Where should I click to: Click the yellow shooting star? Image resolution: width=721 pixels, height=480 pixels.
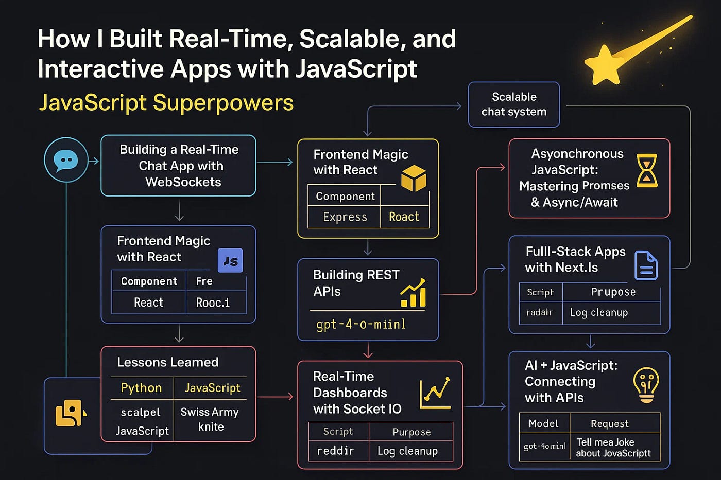coord(606,64)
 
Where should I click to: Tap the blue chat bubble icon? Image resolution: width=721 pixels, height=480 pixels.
coord(66,160)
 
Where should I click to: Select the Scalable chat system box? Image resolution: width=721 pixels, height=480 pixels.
coord(513,104)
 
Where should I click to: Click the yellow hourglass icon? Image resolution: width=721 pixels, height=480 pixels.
coord(646,170)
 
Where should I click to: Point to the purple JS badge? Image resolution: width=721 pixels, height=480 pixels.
coord(230,261)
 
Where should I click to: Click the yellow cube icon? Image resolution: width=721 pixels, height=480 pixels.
coord(414,179)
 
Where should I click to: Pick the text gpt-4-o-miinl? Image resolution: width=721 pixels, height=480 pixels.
coord(360,325)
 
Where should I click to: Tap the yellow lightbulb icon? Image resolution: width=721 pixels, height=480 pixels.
coord(646,385)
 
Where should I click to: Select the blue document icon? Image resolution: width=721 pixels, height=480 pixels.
coord(646,265)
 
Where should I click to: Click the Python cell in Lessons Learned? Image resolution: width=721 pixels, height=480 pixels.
coord(141,388)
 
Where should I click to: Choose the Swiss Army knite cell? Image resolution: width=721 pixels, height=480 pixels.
coord(210,419)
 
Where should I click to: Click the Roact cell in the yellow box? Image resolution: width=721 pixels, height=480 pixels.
coord(404,217)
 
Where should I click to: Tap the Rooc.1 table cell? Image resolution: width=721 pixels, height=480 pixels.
coord(213,303)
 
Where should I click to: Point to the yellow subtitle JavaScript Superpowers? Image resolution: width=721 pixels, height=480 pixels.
coord(166,103)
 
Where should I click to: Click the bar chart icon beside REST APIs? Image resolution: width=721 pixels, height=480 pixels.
coord(413,293)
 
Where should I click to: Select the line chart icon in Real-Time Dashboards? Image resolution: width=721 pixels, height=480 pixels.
coord(435,394)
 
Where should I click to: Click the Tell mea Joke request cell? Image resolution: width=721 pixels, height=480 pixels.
coord(613,448)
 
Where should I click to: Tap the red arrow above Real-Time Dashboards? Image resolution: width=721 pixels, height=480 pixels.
coord(368,350)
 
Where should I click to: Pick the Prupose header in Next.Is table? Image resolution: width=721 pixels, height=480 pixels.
coord(613,292)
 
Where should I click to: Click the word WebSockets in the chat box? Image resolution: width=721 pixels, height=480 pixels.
coord(183,182)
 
